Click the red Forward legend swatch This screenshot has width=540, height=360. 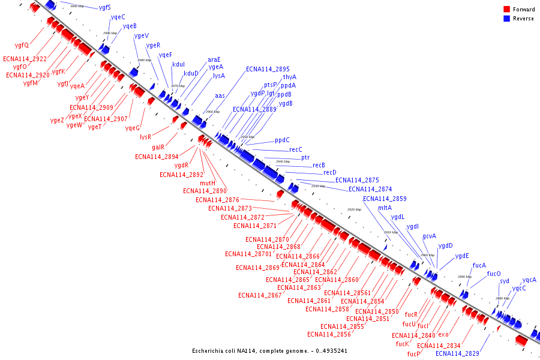click(x=506, y=10)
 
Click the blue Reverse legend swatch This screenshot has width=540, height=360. click(x=506, y=19)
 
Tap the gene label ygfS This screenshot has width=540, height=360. click(x=105, y=7)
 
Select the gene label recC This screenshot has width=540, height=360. click(x=296, y=149)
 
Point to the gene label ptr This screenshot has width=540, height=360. click(x=305, y=157)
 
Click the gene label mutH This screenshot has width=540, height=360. click(x=208, y=183)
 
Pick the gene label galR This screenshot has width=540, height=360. click(x=158, y=147)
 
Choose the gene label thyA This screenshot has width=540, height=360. click(x=290, y=77)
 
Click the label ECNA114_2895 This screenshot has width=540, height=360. click(x=268, y=69)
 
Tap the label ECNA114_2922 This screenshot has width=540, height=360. click(x=25, y=59)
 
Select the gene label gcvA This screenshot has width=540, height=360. click(x=430, y=236)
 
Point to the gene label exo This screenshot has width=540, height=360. click(x=443, y=334)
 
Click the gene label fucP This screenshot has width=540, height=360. click(x=413, y=354)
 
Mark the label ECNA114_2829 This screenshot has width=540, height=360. click(x=457, y=353)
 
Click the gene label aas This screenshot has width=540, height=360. click(x=220, y=96)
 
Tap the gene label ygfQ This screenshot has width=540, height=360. click(x=22, y=45)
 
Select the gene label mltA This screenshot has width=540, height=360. click(x=385, y=208)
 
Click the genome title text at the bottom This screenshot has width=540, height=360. click(x=269, y=350)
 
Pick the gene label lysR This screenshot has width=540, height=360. click(x=146, y=137)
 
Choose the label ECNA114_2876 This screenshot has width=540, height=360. click(x=217, y=200)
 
